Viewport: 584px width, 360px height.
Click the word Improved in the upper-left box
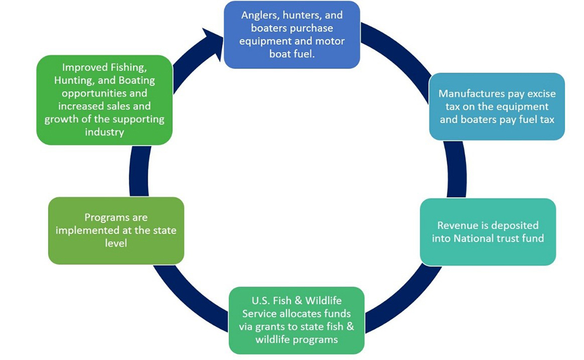point(81,67)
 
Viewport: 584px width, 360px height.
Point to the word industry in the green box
point(105,131)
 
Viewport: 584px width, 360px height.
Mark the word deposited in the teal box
point(516,225)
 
